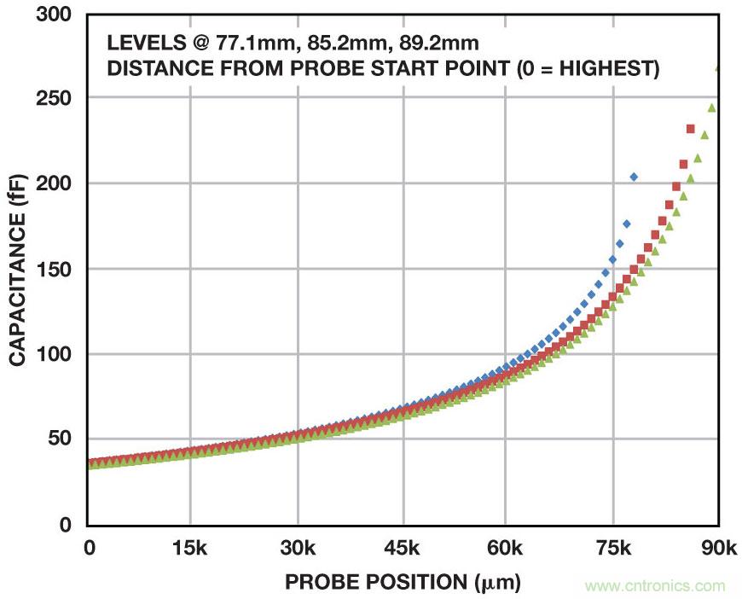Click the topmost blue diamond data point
point(634,177)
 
